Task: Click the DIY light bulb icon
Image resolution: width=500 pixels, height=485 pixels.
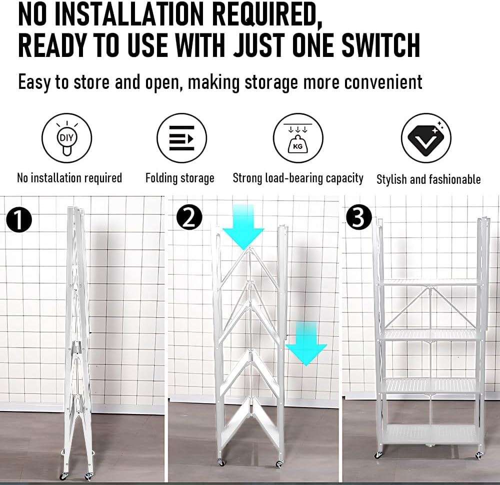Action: click(x=66, y=138)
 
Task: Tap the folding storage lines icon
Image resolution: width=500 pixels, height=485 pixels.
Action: click(x=182, y=138)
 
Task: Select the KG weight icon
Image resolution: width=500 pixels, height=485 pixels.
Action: click(x=298, y=138)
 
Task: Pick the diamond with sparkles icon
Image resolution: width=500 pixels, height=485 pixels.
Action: click(x=426, y=138)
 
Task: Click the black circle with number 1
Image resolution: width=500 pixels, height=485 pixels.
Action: click(x=19, y=220)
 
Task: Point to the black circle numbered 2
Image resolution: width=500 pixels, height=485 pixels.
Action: click(x=189, y=217)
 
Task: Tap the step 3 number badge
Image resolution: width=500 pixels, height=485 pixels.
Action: click(x=359, y=217)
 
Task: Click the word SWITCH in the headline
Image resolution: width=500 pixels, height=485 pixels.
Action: click(x=380, y=45)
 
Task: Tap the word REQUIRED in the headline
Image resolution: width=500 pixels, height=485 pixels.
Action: click(x=267, y=14)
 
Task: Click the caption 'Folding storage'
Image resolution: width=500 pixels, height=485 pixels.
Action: click(x=180, y=178)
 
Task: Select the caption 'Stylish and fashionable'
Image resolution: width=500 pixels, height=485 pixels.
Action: click(x=428, y=179)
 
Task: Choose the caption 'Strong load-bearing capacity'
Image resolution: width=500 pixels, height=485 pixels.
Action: click(x=298, y=178)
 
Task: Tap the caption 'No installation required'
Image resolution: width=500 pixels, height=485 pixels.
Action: click(x=69, y=178)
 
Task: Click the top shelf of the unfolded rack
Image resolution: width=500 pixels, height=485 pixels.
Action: click(x=430, y=282)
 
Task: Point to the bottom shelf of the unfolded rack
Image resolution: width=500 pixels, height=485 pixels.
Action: click(x=430, y=433)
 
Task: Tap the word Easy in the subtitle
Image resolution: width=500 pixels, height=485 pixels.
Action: click(x=34, y=82)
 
